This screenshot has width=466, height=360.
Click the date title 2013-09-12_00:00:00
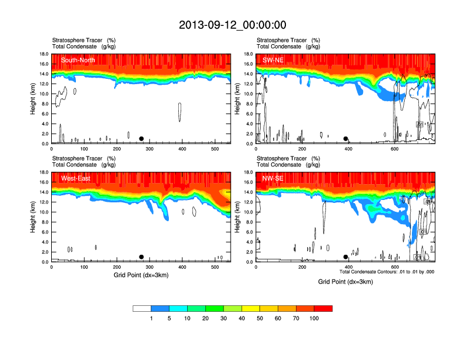(x=232, y=25)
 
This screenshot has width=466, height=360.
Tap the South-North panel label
(x=78, y=60)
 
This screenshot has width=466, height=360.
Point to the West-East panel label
(x=75, y=178)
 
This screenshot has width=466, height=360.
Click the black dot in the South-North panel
(x=141, y=139)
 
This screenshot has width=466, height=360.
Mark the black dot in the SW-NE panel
(x=346, y=139)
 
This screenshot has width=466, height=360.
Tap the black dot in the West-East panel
(x=141, y=257)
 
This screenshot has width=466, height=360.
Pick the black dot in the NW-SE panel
(x=346, y=257)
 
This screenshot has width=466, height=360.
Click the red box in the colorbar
(x=323, y=308)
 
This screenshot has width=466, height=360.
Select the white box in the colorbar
(x=142, y=308)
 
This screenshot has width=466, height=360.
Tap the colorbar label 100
(x=314, y=318)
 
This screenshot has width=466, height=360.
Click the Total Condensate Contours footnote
(x=387, y=272)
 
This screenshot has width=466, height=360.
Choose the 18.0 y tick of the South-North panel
(x=43, y=54)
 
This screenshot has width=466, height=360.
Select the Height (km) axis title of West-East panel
(x=33, y=217)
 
